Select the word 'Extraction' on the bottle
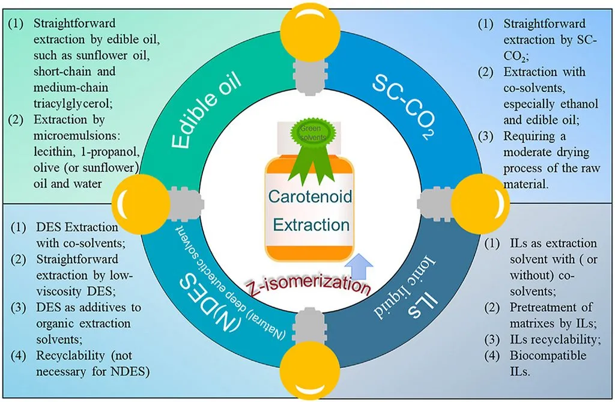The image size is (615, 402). (311, 225)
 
